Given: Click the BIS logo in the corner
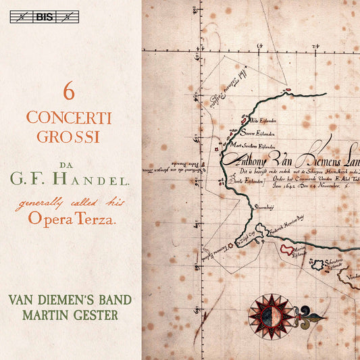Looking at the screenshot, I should pos(45,17).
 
